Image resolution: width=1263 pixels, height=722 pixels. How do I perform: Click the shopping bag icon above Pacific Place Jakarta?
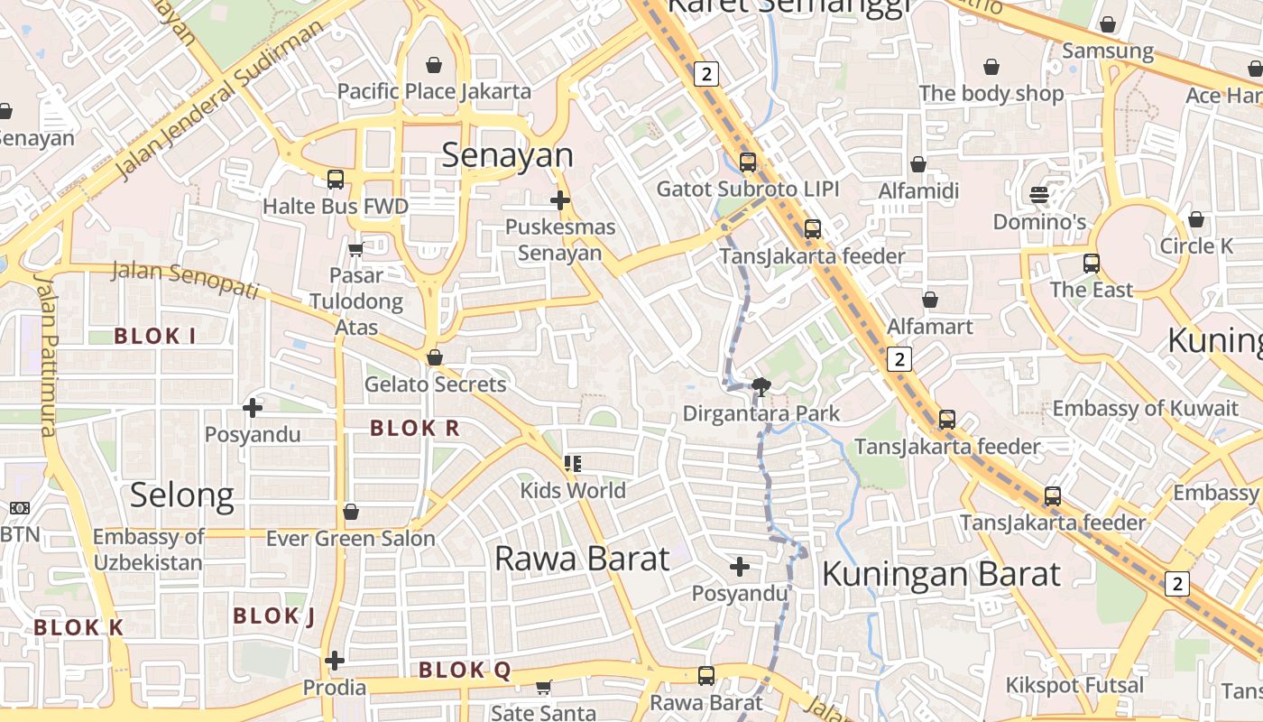coord(434,65)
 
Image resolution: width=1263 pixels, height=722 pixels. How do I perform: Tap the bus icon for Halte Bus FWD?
coord(336,179)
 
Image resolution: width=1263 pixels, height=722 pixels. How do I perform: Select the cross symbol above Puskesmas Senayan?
coord(560,199)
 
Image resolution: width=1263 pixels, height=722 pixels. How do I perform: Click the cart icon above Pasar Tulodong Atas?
coord(355,249)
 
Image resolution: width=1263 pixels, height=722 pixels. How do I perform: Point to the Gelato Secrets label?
coord(435,384)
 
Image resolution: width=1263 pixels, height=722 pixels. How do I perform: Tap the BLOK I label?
coord(155,337)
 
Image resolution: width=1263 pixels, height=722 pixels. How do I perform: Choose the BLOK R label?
coord(415,429)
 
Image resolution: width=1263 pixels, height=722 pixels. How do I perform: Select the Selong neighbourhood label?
coord(182,495)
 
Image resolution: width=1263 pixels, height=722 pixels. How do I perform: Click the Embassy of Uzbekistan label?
coord(148,550)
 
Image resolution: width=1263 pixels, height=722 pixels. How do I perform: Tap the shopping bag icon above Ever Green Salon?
coord(351,513)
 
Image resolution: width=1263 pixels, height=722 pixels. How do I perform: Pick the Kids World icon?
coord(572,464)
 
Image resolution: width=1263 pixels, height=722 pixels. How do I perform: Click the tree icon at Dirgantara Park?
coord(761,387)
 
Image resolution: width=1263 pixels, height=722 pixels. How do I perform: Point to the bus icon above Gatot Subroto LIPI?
coord(748,162)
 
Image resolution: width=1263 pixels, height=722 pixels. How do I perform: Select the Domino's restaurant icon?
coord(1038,195)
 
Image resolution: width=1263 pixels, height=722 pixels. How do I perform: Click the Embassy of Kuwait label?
coord(1146,408)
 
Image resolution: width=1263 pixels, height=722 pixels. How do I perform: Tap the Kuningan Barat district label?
coord(941,574)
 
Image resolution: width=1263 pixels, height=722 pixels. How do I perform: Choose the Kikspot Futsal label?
coord(1074,685)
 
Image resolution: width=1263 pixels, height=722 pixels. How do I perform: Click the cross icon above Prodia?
coord(335,661)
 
